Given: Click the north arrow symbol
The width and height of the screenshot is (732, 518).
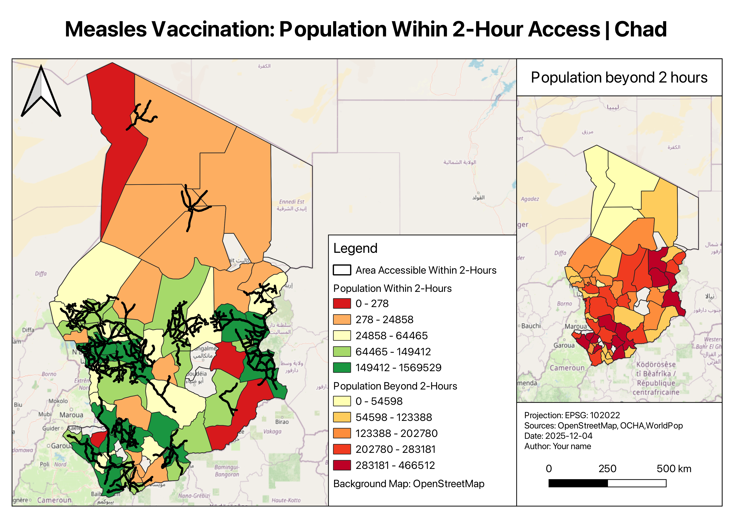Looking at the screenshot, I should coord(41,93).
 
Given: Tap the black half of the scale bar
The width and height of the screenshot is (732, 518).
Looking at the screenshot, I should coord(578,483).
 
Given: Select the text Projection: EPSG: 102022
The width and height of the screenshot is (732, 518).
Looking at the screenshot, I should coord(572,415).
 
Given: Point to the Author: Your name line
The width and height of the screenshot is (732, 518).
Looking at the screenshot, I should coord(558,446).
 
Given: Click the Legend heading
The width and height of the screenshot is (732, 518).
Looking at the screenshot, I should coord(355,248).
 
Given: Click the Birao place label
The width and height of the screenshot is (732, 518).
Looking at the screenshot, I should coord(282,422).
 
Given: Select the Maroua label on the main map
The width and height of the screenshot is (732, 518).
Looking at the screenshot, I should coord(71,415).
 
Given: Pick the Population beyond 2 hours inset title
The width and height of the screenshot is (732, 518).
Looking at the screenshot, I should coord(619,77).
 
